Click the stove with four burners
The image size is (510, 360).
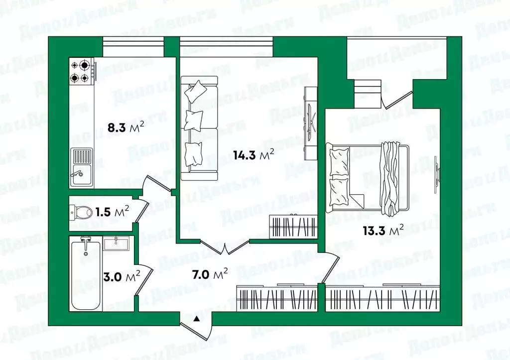click(x=82, y=71)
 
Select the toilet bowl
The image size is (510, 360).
click(x=81, y=213)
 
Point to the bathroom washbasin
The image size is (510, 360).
click(x=117, y=243)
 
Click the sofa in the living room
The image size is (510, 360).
click(x=198, y=127)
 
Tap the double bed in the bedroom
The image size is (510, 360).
click(x=368, y=176)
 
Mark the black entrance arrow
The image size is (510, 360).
click(x=197, y=319)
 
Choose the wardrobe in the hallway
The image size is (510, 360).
click(x=276, y=299)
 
